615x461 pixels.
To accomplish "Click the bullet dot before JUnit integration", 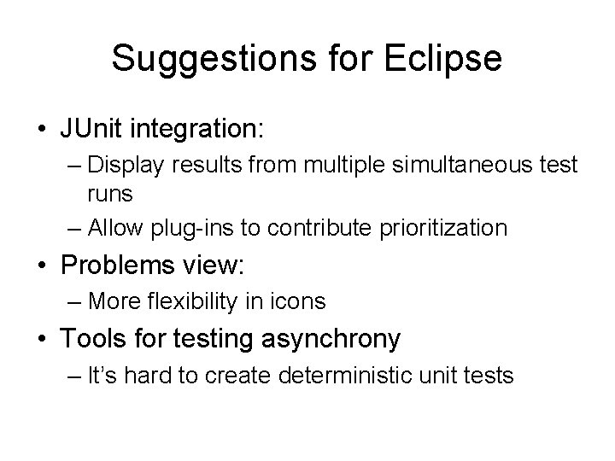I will click(x=41, y=131).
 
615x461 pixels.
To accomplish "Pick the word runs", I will click(x=108, y=194).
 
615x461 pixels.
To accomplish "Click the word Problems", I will click(x=117, y=266).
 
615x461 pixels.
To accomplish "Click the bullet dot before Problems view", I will click(x=41, y=266).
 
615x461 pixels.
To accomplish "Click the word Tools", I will click(x=92, y=339).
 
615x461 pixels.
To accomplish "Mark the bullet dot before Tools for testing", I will click(x=41, y=340).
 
